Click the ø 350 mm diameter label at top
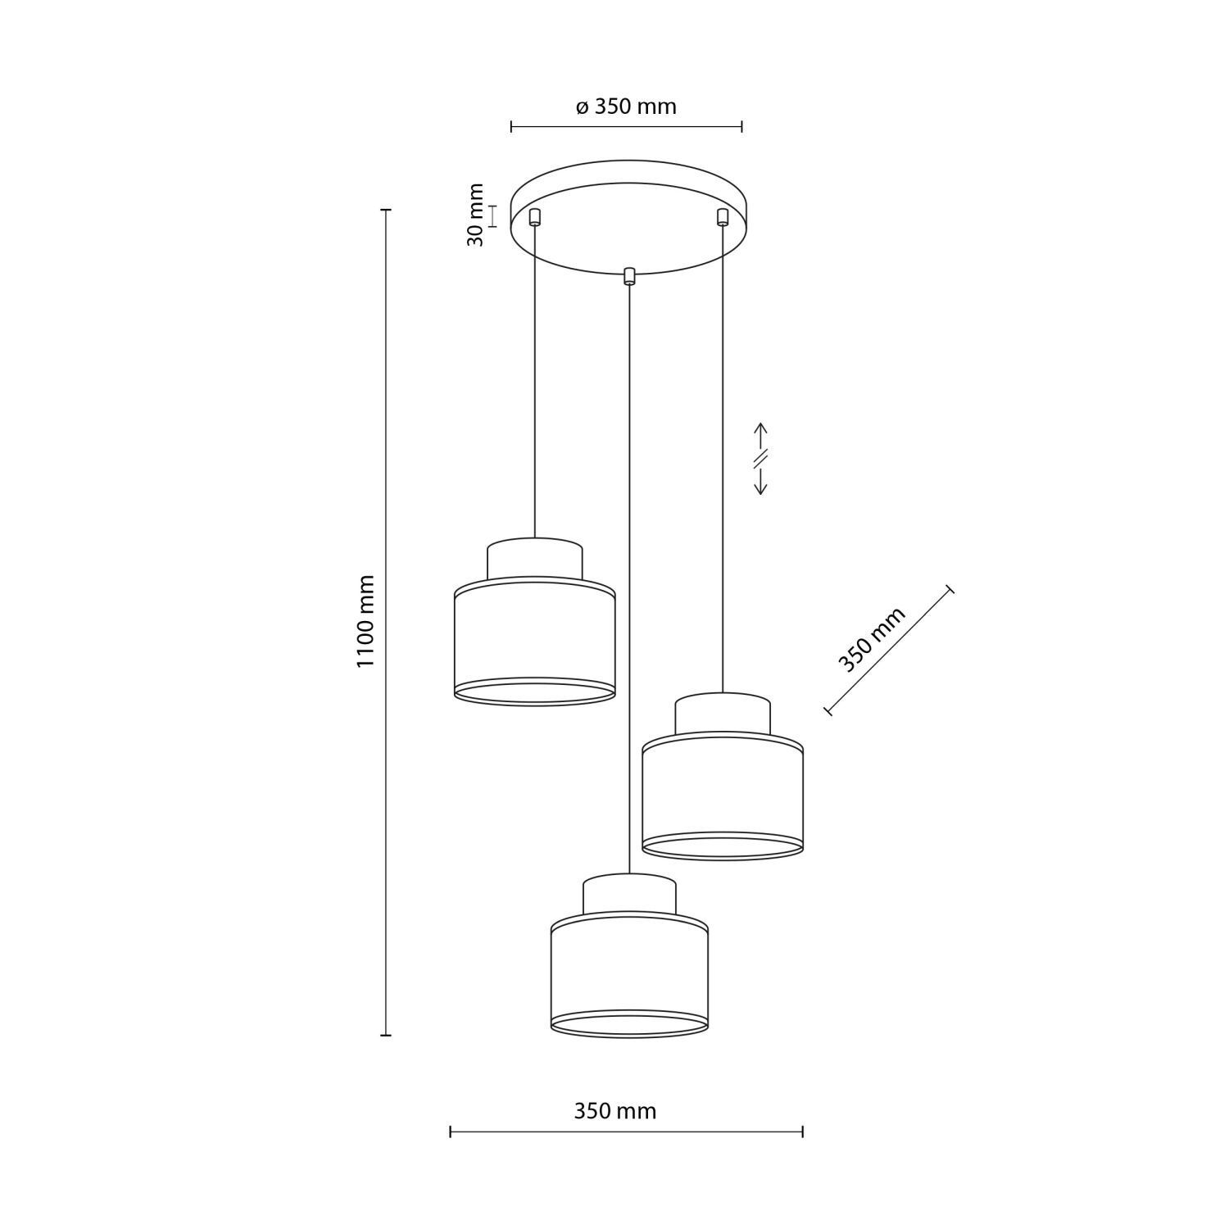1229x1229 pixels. tap(626, 107)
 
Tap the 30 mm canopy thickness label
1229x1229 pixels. tap(475, 215)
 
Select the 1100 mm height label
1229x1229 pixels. tap(365, 620)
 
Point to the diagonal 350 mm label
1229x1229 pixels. tap(872, 639)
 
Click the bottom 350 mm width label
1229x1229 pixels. tap(614, 1111)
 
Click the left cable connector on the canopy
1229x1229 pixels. tap(535, 217)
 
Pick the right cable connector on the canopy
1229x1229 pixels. tap(722, 217)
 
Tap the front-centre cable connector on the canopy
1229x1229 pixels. tap(629, 276)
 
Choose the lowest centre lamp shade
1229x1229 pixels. tap(629, 975)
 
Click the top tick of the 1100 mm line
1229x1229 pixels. tap(386, 211)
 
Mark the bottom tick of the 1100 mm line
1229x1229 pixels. tap(386, 1036)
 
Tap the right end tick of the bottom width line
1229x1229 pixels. tap(802, 1131)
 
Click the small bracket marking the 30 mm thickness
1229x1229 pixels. tap(492, 216)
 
